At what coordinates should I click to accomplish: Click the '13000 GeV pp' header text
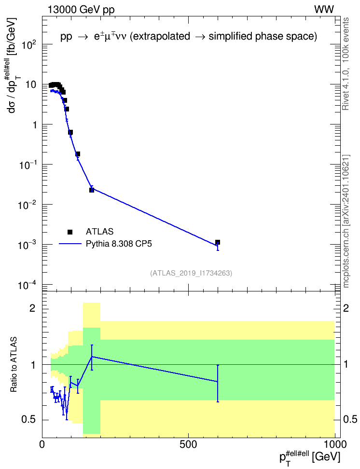[x=81, y=10]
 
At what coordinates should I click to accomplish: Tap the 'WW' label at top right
[x=324, y=10]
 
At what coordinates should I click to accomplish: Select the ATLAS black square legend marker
[x=70, y=232]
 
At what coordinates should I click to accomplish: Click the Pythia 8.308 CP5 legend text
[x=119, y=244]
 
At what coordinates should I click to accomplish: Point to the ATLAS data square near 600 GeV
[x=218, y=242]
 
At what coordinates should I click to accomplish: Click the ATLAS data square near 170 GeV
[x=92, y=190]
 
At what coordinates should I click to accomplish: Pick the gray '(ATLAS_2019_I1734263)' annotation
[x=191, y=273]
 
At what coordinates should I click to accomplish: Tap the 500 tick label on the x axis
[x=188, y=444]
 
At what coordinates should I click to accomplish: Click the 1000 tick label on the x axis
[x=335, y=444]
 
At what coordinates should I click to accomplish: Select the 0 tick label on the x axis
[x=42, y=444]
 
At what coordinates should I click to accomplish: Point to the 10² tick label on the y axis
[x=29, y=45]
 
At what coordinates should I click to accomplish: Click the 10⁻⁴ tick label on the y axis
[x=28, y=285]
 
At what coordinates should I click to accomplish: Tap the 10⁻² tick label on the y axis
[x=28, y=205]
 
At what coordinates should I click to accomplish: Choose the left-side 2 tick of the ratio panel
[x=32, y=308]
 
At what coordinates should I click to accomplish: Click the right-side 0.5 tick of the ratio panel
[x=350, y=419]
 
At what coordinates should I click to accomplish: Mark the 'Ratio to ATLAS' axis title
[x=14, y=364]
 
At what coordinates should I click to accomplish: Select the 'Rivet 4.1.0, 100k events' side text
[x=346, y=64]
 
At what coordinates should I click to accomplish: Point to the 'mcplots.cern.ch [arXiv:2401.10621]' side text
[x=346, y=221]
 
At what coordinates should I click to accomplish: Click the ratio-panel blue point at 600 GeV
[x=218, y=382]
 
